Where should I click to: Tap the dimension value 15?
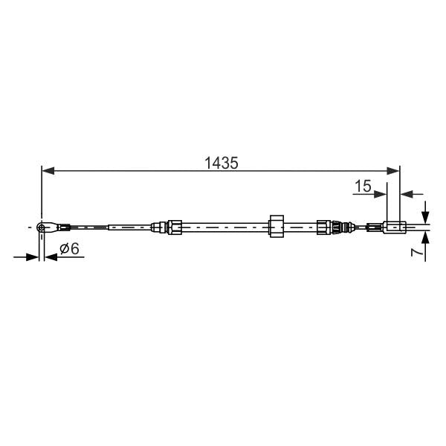coord(362,187)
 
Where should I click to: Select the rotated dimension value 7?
coord(418,253)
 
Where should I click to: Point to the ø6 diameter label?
coord(69,249)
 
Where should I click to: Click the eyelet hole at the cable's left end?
coord(43,226)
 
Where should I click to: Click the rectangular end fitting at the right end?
coord(393,227)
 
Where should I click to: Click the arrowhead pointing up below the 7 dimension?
coord(424,237)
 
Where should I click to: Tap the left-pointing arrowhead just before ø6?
coord(51,257)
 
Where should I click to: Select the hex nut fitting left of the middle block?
coord(175,226)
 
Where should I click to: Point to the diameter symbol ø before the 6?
coord(63,249)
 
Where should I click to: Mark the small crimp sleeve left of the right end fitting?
coord(373,227)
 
